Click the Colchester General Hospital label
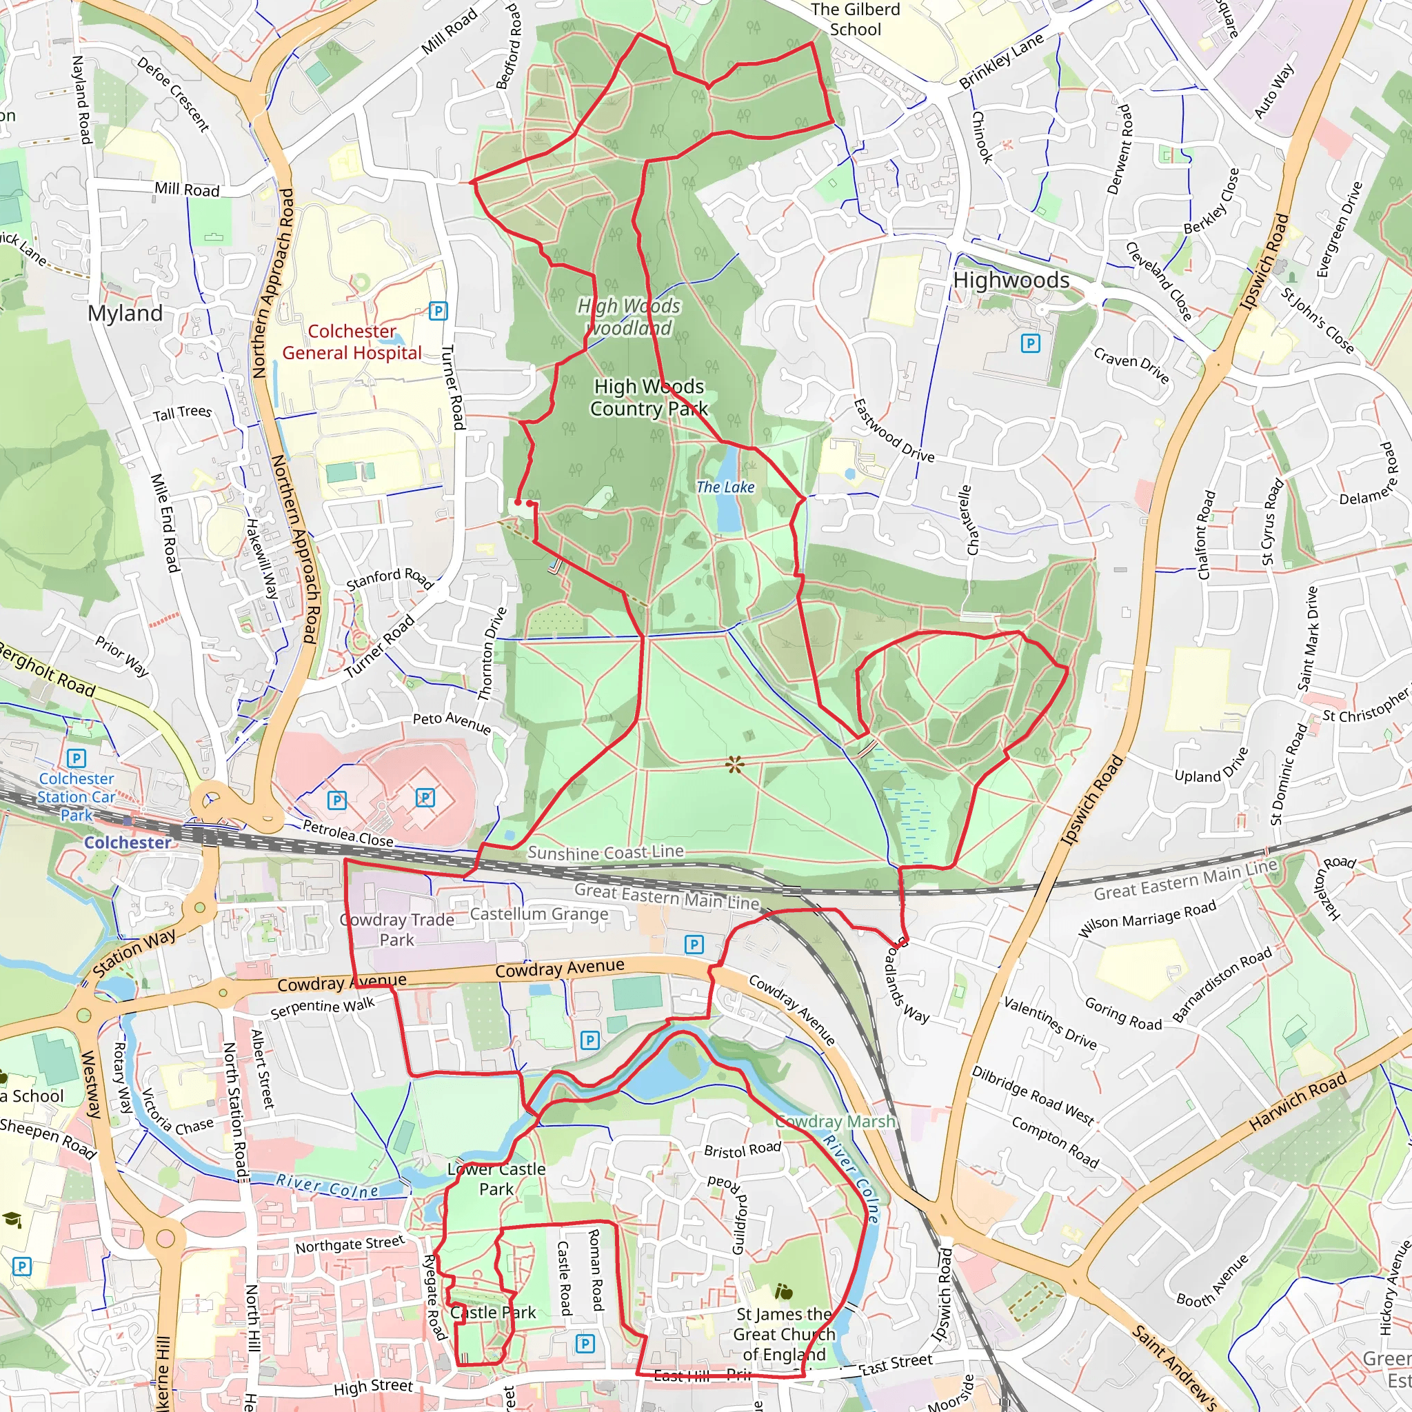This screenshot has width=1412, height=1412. pos(352,342)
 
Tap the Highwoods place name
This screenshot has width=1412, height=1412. pos(1011,280)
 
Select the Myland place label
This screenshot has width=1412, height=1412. pos(125,314)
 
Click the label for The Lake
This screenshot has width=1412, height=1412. pos(725,487)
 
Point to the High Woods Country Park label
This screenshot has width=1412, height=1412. pos(648,397)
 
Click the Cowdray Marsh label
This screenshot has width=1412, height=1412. pos(835,1121)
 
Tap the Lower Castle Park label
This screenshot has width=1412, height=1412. pos(496,1179)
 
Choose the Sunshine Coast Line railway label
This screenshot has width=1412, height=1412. pos(605,853)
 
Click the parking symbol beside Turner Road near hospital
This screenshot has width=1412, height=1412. pos(438,312)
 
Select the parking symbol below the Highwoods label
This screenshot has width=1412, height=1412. pos(1031,343)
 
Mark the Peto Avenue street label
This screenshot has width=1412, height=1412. pos(452,722)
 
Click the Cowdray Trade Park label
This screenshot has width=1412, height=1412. pos(397,929)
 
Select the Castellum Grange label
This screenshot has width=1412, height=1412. pos(538,914)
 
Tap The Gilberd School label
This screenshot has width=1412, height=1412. pos(855,20)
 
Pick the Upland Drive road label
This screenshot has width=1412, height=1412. pos(1211,765)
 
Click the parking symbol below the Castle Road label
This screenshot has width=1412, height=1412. pos(585,1343)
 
